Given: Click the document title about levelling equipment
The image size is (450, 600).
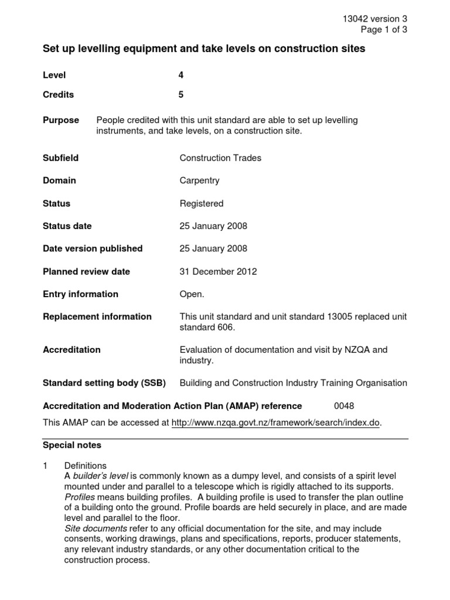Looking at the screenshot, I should click(204, 49).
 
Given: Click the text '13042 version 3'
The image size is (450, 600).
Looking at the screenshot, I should click(374, 19).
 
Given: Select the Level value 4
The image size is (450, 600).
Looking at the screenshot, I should click(181, 75).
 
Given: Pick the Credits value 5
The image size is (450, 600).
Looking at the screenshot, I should click(181, 94).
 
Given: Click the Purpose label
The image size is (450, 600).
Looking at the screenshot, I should click(61, 120).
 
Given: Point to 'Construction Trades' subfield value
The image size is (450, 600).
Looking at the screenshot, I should click(220, 158).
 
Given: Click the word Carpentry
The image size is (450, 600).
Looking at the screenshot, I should click(199, 180).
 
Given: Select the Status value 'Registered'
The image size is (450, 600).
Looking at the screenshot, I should click(202, 203).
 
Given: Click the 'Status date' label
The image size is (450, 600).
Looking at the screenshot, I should click(67, 226).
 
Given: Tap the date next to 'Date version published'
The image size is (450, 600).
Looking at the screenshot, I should click(213, 248).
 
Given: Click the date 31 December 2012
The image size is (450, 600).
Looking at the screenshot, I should click(218, 271).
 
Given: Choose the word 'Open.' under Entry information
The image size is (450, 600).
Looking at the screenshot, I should click(192, 294).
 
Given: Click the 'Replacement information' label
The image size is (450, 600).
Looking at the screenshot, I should click(97, 316).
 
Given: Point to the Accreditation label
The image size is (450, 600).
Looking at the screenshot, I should click(71, 350).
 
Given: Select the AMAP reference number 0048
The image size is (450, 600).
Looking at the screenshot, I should click(344, 405).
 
